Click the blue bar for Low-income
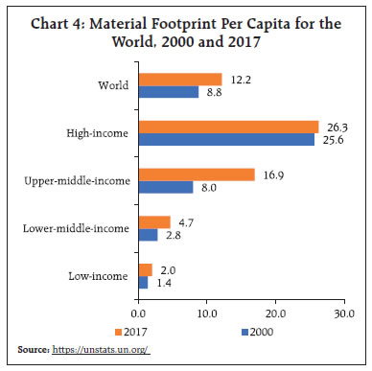pos(143,282)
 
